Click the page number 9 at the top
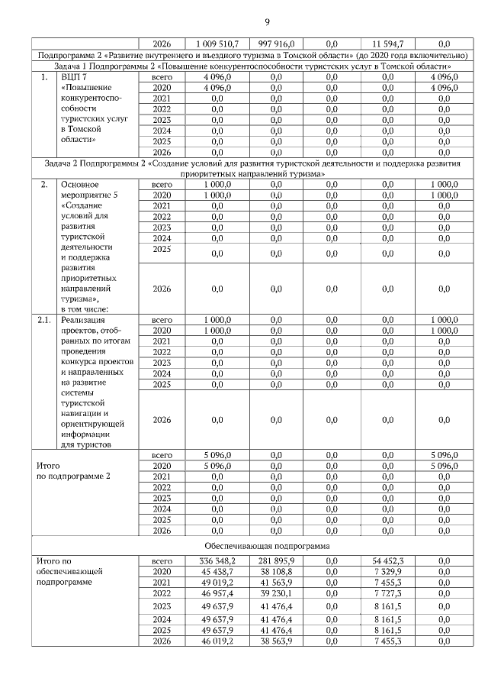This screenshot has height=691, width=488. (244, 21)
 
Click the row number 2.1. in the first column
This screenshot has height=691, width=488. (44, 320)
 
